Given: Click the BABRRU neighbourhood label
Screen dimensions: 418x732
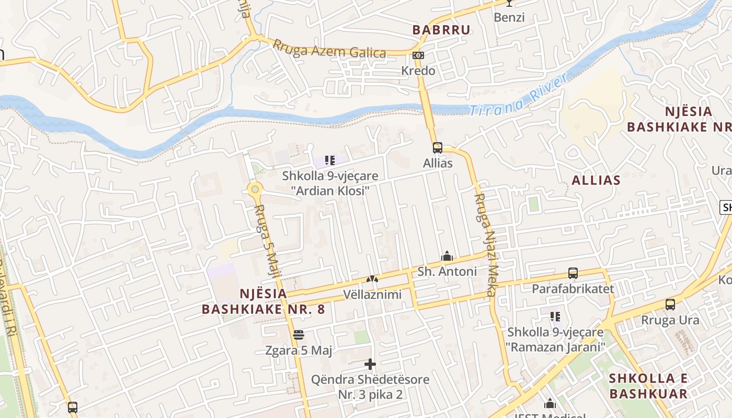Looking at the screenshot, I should pyautogui.click(x=441, y=30).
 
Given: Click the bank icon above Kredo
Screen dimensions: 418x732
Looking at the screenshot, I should pyautogui.click(x=418, y=55).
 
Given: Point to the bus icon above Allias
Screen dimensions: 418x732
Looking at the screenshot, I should pyautogui.click(x=437, y=148).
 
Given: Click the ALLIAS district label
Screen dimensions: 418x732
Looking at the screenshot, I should pyautogui.click(x=596, y=180).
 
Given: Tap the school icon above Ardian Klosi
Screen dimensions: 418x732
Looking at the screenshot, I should pyautogui.click(x=329, y=160).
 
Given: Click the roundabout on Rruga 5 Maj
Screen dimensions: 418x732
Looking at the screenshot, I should pyautogui.click(x=255, y=190).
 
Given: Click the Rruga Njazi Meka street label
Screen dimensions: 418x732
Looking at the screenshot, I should pyautogui.click(x=485, y=245).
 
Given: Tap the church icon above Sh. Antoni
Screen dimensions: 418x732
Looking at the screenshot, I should pyautogui.click(x=447, y=256).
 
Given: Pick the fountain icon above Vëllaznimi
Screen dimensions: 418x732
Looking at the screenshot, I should pyautogui.click(x=372, y=280).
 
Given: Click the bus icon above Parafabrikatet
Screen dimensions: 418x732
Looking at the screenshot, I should pyautogui.click(x=573, y=273).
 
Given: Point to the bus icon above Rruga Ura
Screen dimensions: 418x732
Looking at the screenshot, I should pyautogui.click(x=670, y=305).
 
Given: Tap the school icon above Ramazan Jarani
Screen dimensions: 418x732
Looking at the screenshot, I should pyautogui.click(x=555, y=316).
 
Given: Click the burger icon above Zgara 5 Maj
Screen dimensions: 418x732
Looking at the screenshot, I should pyautogui.click(x=299, y=334).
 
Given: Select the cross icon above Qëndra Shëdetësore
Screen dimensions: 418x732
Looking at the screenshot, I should pyautogui.click(x=370, y=364).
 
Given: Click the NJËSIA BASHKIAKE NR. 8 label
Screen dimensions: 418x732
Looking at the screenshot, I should pyautogui.click(x=264, y=301).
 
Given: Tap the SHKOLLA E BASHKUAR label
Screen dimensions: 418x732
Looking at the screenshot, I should pyautogui.click(x=648, y=386).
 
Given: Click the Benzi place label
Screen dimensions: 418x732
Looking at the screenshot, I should pyautogui.click(x=509, y=17).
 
